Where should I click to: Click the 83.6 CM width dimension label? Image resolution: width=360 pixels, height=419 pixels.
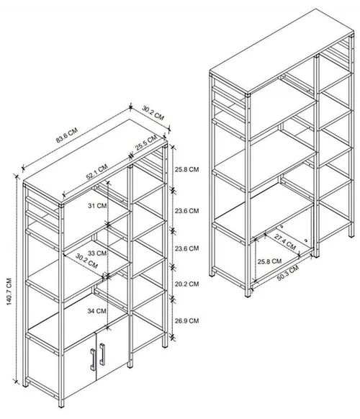click(67, 135)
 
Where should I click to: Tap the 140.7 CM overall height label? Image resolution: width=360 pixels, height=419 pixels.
click(9, 292)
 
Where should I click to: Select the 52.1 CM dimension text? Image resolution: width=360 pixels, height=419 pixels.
click(96, 171)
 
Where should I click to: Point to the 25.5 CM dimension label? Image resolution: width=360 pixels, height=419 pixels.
click(145, 143)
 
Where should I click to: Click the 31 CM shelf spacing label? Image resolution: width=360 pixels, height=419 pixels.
click(97, 206)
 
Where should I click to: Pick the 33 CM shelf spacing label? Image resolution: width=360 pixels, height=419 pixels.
click(97, 253)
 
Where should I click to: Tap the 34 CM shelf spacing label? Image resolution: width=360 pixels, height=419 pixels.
click(96, 311)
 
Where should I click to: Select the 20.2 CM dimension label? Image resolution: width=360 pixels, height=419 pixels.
click(186, 284)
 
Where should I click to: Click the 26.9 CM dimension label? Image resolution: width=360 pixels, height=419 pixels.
click(186, 320)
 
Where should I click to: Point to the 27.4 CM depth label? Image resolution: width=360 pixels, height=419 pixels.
click(285, 242)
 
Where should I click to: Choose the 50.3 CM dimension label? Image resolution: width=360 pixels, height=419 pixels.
click(288, 273)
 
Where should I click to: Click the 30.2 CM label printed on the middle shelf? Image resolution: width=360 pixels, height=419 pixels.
click(86, 261)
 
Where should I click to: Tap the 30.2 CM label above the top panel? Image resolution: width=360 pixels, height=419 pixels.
click(153, 113)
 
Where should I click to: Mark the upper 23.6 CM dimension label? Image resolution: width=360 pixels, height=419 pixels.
click(186, 211)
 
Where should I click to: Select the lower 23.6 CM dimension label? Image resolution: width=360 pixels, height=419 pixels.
click(186, 248)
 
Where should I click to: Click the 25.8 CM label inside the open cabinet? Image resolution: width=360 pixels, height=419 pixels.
click(269, 261)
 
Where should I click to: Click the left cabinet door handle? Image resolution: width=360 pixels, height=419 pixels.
click(93, 359)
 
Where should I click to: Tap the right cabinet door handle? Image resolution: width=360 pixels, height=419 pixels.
click(102, 354)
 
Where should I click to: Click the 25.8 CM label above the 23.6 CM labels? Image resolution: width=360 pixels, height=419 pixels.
click(186, 169)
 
